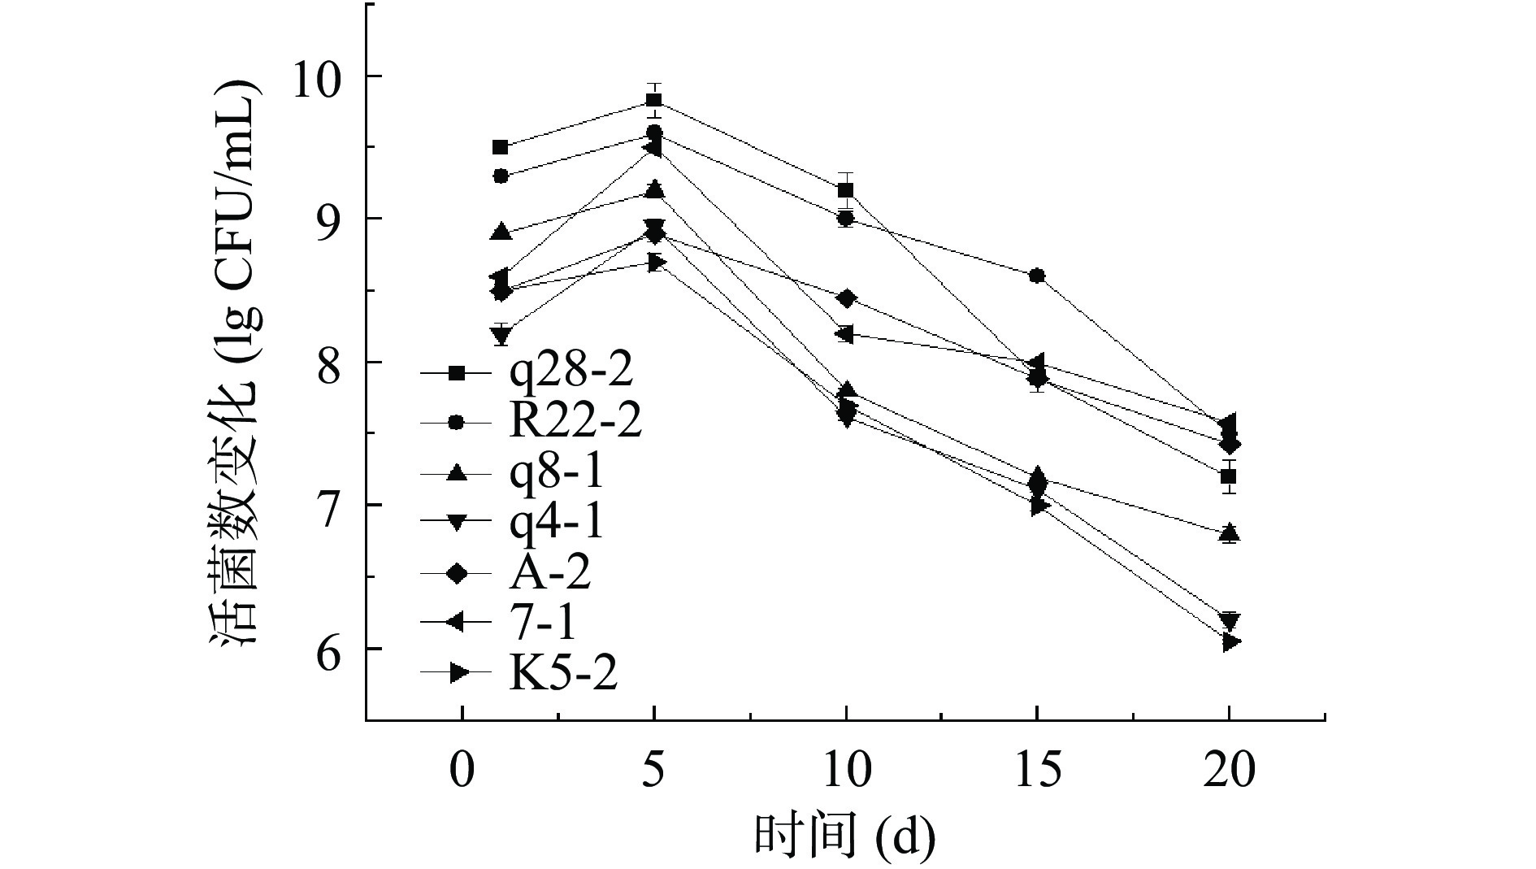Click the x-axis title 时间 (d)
click(x=845, y=834)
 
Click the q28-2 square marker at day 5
click(x=653, y=101)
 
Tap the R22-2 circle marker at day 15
click(x=1037, y=276)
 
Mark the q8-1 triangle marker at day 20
click(x=1230, y=533)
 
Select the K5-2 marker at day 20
click(x=1230, y=642)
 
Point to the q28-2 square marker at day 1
click(x=501, y=147)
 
